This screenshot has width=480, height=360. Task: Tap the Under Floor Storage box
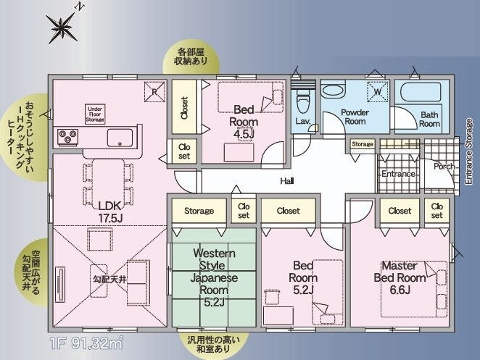pos(95,114)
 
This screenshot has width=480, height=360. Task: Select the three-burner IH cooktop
pos(68,136)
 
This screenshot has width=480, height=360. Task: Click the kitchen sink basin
pos(120,138)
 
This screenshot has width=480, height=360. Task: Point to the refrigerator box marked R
pos(154,91)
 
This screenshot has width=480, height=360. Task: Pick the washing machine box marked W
pos(378,91)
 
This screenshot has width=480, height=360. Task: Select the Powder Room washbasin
pos(333,91)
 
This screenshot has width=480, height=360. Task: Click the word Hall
pos(287,181)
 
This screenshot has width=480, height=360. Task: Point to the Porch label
pos(444,167)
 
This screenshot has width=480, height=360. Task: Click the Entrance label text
pos(399,174)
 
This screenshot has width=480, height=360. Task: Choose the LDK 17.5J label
pos(110,212)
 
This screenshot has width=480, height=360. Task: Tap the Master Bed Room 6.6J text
pos(400,277)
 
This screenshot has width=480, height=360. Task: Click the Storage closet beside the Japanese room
pos(199,211)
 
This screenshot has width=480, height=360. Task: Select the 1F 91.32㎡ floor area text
pos(86,343)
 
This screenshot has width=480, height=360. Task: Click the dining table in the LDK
pos(108,184)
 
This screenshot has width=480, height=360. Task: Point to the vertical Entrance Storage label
pos(468,151)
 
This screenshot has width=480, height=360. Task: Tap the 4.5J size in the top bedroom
pos(244,134)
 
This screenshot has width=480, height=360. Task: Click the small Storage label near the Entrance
pos(363,143)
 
